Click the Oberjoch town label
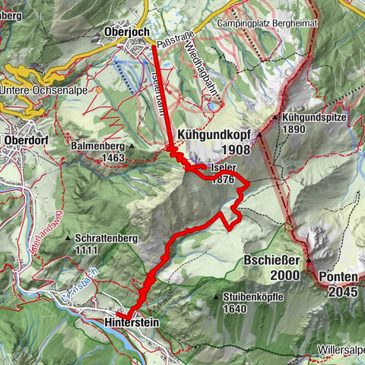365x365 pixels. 126,32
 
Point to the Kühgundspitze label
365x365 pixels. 314,119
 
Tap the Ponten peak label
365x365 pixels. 338,277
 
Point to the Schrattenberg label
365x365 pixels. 106,238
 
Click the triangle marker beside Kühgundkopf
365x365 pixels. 259,135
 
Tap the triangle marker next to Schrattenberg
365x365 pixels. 69,238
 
